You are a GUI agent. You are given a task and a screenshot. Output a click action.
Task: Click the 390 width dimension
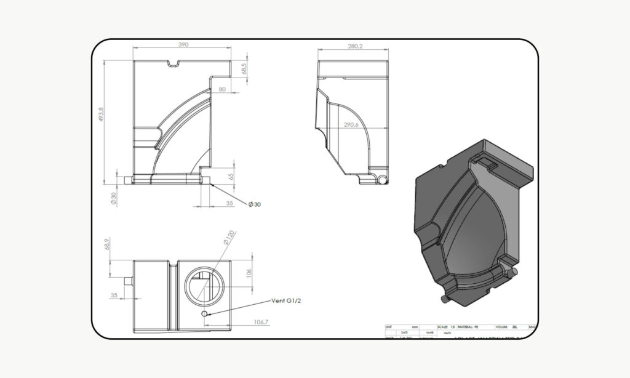tap(183, 45)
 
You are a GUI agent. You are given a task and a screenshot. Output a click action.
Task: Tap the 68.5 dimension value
tap(244, 68)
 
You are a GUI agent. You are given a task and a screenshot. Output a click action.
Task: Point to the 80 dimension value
tap(221, 90)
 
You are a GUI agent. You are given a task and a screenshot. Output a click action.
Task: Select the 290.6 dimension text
tap(351, 124)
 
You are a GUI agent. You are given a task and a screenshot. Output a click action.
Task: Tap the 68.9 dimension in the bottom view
tap(107, 244)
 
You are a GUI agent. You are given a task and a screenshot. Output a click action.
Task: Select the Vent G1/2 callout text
tap(292, 301)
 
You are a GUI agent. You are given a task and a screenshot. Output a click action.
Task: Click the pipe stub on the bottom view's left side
tap(128, 280)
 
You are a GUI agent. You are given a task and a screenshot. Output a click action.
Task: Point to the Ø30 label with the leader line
tap(254, 204)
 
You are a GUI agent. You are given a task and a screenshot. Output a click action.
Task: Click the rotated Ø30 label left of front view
tap(113, 199)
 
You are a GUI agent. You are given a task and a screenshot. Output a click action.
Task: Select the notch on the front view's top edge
tap(173, 62)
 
